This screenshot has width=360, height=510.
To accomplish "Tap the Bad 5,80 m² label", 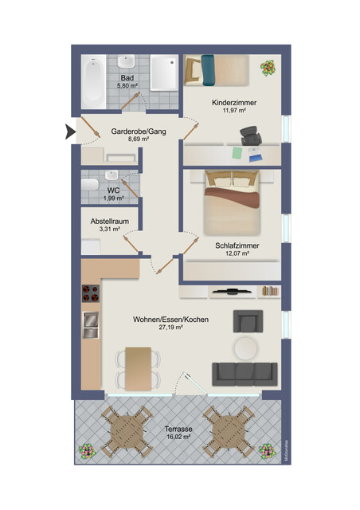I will pos(127,81).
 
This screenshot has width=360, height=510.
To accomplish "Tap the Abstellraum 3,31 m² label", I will pos(109,225).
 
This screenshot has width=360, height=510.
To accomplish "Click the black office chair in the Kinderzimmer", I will pos(252,143).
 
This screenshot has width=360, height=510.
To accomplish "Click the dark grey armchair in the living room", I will pos(247,321).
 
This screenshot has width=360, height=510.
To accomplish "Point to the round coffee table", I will pos(245,347).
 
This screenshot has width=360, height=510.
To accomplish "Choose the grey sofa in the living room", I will pos(245,372).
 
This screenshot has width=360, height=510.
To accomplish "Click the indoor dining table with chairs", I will pos(138,367).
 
